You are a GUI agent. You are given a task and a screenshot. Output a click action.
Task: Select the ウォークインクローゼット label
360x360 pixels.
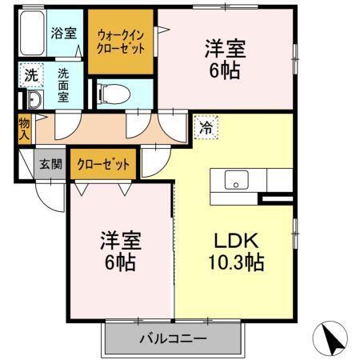(x=121, y=42)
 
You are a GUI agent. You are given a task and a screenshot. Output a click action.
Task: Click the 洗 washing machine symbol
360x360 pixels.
(x=30, y=76)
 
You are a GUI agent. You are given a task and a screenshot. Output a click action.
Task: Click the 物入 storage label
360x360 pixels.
(x=25, y=130)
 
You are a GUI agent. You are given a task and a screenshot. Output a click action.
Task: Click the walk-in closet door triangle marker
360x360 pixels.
(x=163, y=30)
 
